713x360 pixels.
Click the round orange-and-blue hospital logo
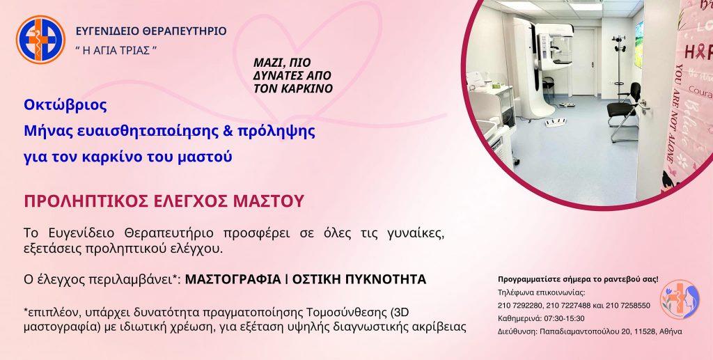click(40, 39)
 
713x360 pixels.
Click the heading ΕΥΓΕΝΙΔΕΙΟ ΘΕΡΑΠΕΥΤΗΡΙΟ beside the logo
click(151, 31)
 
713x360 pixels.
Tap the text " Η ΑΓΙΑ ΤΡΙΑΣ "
click(116, 51)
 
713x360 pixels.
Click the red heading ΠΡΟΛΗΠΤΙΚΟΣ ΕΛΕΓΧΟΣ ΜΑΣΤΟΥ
click(164, 201)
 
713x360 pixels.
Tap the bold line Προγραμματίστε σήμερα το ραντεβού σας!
click(578, 279)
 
